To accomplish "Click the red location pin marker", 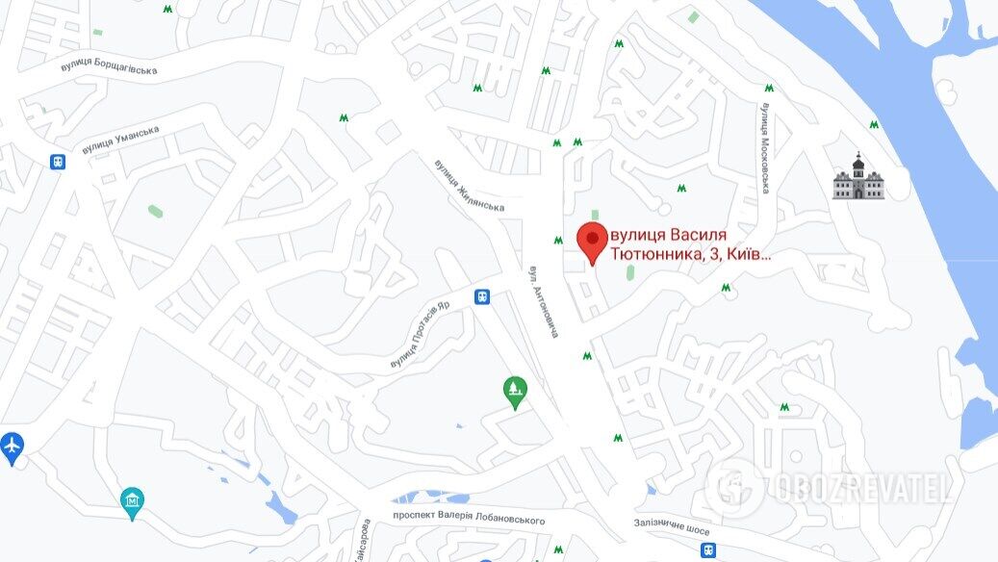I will [x=591, y=242].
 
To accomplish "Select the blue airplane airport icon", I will [x=13, y=447].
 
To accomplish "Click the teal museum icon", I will [x=133, y=500].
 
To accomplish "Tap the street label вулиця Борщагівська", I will [x=108, y=66].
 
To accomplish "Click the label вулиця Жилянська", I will [x=469, y=186].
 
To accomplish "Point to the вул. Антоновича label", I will [x=543, y=302].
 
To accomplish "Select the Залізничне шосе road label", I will [x=672, y=525].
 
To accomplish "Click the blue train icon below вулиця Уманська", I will [x=58, y=162].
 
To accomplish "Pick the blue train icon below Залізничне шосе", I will [x=708, y=549].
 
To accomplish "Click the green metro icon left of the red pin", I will [x=558, y=241].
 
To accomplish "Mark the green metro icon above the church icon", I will [x=874, y=125].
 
